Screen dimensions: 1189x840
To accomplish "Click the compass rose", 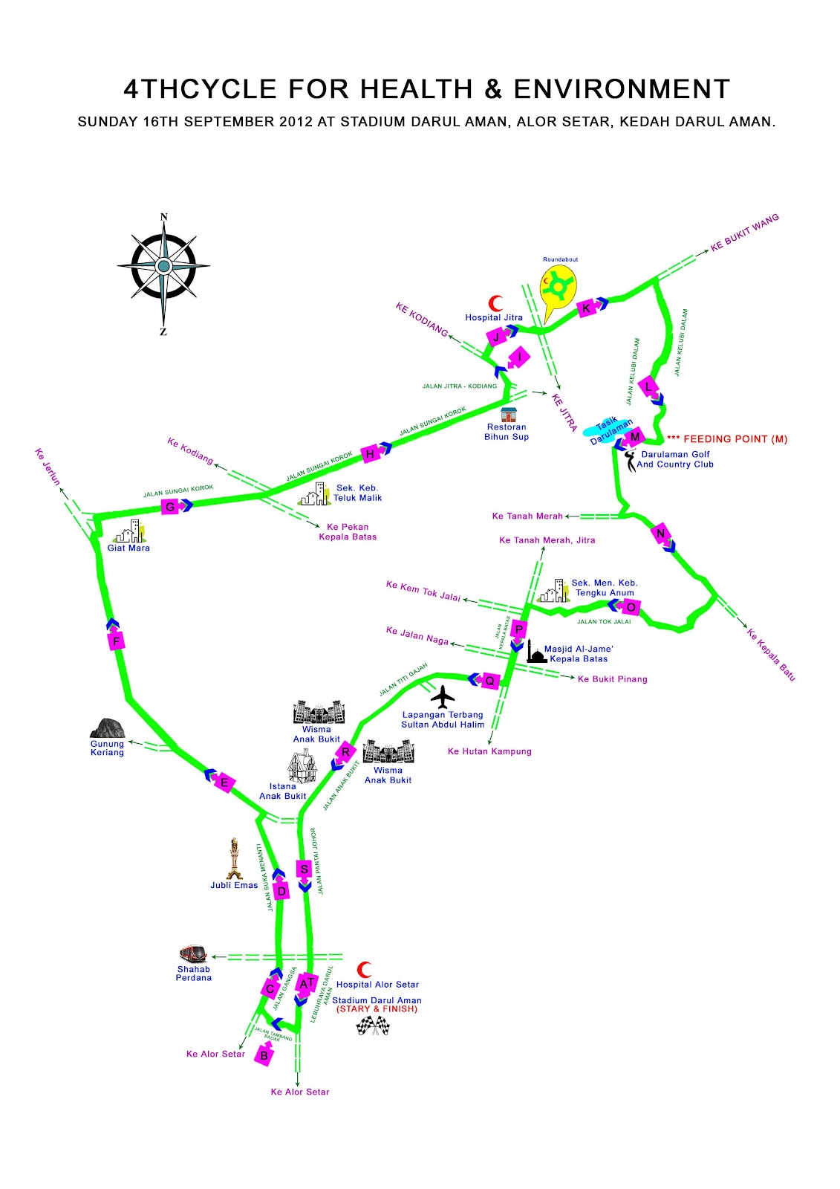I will pyautogui.click(x=163, y=266).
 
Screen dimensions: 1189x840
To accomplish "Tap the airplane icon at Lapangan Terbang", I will pyautogui.click(x=443, y=697).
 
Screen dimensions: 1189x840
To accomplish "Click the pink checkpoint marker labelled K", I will pyautogui.click(x=587, y=308).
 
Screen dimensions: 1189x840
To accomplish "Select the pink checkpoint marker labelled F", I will pyautogui.click(x=116, y=641).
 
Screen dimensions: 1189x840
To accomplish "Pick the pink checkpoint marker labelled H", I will pyautogui.click(x=370, y=453).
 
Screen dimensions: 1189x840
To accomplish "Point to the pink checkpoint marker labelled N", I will pyautogui.click(x=660, y=533).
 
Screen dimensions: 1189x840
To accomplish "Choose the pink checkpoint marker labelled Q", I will pyautogui.click(x=489, y=680).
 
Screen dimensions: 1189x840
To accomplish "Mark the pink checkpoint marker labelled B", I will pyautogui.click(x=264, y=1054).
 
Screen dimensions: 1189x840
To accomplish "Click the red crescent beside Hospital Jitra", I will pyautogui.click(x=495, y=303).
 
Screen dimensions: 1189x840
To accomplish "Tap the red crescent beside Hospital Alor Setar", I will pyautogui.click(x=365, y=970).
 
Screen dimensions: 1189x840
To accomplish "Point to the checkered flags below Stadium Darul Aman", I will pyautogui.click(x=373, y=1026).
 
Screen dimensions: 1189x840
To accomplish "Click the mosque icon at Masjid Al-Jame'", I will pyautogui.click(x=536, y=654).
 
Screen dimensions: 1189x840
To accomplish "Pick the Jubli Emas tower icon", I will pyautogui.click(x=235, y=858).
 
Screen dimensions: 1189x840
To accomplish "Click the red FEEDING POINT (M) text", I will pyautogui.click(x=727, y=439).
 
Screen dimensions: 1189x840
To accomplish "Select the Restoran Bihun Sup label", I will pyautogui.click(x=507, y=432).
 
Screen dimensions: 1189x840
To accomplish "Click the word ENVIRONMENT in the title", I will pyautogui.click(x=622, y=89).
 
